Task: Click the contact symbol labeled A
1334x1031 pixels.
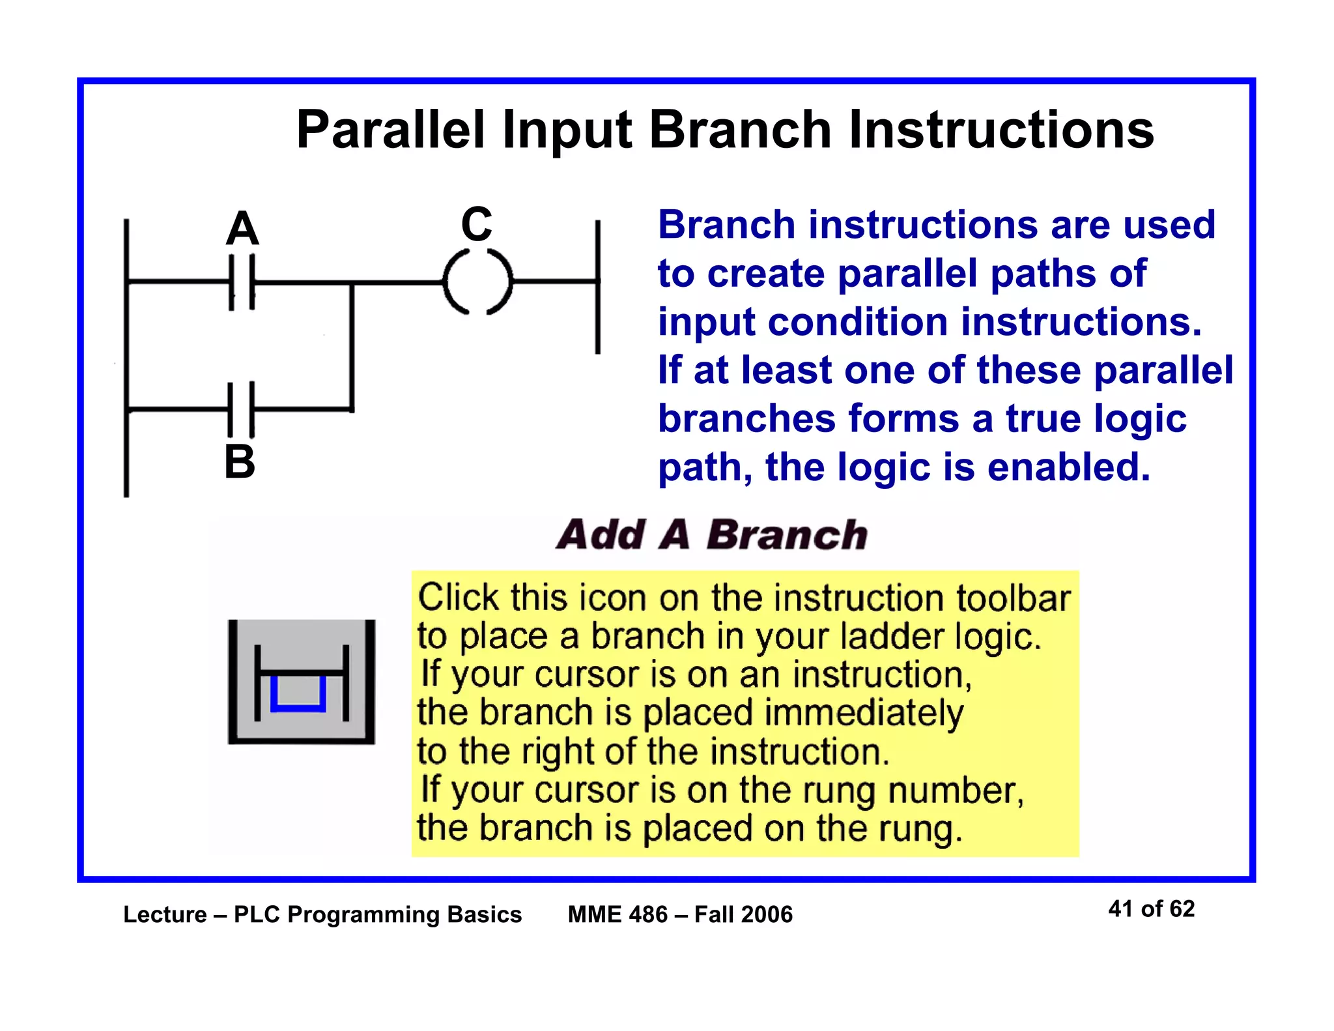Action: (x=242, y=282)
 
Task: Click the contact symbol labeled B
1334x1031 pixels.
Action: (x=241, y=409)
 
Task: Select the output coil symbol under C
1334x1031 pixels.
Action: (x=477, y=282)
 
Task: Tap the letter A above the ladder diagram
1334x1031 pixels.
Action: (x=242, y=229)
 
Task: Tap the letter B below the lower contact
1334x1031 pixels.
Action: (x=239, y=461)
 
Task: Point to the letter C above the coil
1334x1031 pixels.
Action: (x=476, y=224)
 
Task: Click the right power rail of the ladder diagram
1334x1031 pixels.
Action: (x=597, y=287)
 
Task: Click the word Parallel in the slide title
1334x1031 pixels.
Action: (x=390, y=130)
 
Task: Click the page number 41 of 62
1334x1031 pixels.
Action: (x=1151, y=908)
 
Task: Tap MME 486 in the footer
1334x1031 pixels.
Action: (x=617, y=914)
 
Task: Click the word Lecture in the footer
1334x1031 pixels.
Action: (x=165, y=914)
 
